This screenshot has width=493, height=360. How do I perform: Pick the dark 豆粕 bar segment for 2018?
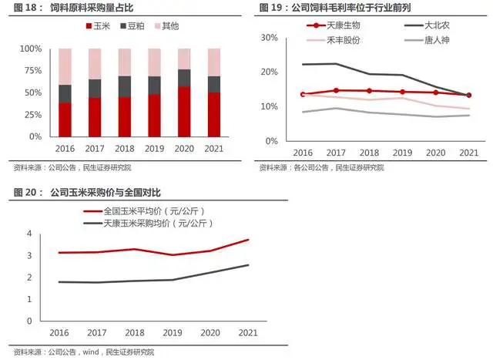[x=125, y=86]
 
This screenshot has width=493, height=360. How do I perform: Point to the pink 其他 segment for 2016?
[x=65, y=66]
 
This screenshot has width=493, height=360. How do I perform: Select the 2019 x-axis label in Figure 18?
[x=155, y=148]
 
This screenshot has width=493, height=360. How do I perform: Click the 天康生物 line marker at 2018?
[x=368, y=91]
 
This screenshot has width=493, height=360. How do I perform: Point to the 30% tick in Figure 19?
[x=269, y=37]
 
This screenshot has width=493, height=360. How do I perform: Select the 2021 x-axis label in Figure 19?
[x=468, y=153]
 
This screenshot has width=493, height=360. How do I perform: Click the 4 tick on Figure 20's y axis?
[x=29, y=233]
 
